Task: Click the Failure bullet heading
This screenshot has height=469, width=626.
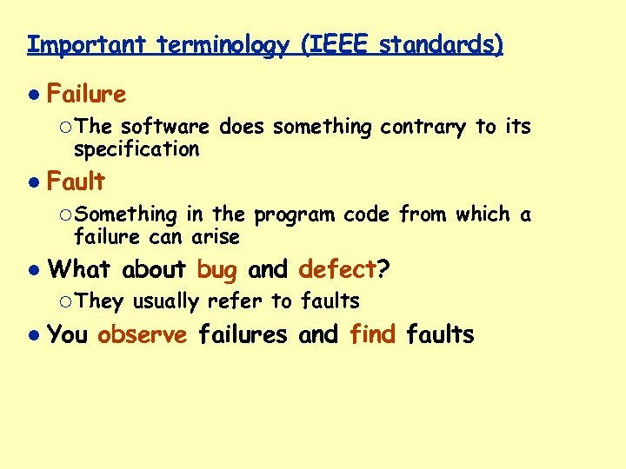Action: click(86, 94)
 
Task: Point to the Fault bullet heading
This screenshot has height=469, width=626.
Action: click(76, 182)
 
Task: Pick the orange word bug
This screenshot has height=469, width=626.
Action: click(216, 270)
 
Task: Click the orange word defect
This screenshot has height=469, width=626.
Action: click(337, 270)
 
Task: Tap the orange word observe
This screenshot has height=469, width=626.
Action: click(143, 334)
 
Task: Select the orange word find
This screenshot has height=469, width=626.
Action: click(373, 334)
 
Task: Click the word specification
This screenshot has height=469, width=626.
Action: click(137, 149)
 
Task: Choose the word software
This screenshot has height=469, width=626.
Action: click(164, 127)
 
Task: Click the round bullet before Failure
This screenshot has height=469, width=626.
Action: click(32, 94)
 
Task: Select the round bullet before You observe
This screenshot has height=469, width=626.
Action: click(32, 334)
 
